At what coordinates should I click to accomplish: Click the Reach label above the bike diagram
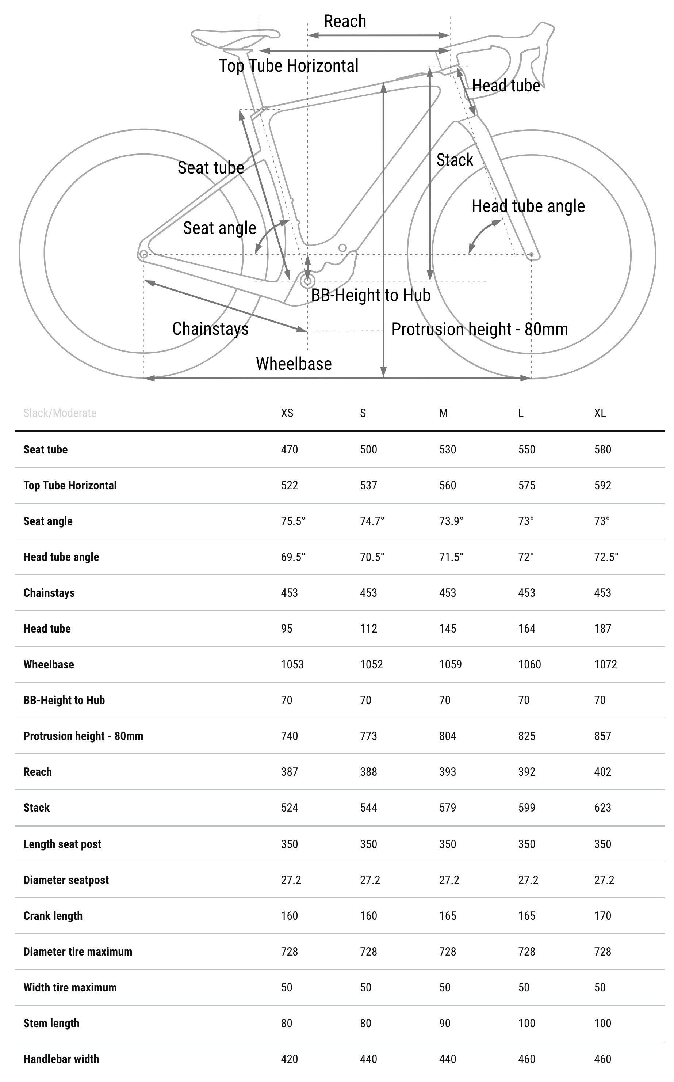(345, 22)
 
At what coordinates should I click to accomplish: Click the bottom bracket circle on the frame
(307, 281)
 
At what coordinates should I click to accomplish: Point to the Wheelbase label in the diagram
(294, 364)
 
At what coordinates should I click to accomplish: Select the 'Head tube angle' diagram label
(528, 206)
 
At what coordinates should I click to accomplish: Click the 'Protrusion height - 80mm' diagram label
(480, 329)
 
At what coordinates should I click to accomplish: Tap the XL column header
(600, 413)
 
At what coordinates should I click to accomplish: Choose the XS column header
(287, 413)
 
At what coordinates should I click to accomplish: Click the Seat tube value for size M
(448, 449)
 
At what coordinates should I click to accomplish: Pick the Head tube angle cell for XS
(293, 557)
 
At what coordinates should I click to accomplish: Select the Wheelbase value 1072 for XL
(605, 665)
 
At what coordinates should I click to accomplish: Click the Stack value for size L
(526, 808)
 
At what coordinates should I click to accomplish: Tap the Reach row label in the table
(38, 772)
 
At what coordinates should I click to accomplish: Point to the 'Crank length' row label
(53, 916)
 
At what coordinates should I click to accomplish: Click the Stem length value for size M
(445, 1023)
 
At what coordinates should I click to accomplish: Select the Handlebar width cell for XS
(289, 1059)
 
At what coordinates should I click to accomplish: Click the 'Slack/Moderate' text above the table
(60, 413)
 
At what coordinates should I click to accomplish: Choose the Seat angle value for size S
(372, 521)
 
